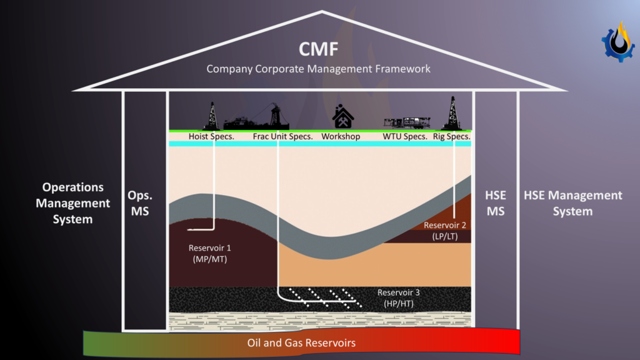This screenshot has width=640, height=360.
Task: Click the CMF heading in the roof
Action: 319,47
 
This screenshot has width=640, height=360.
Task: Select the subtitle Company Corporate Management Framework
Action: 319,69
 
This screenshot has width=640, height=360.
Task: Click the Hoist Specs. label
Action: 211,136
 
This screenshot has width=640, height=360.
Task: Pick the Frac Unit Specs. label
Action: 282,136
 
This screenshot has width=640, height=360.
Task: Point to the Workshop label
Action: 341,136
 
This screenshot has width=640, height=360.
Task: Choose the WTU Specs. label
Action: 405,136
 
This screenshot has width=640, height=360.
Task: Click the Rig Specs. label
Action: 451,136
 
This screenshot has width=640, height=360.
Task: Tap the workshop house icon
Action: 342,117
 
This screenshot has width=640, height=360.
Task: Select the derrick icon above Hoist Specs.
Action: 212,116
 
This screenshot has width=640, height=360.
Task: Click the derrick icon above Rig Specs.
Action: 451,113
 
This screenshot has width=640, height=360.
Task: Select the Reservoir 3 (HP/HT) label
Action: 398,298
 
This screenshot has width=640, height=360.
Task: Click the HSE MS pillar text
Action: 495,203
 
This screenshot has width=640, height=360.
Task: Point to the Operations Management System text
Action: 72,203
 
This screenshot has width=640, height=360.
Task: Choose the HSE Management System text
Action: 572,203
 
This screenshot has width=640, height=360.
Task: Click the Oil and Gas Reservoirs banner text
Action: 301,343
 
